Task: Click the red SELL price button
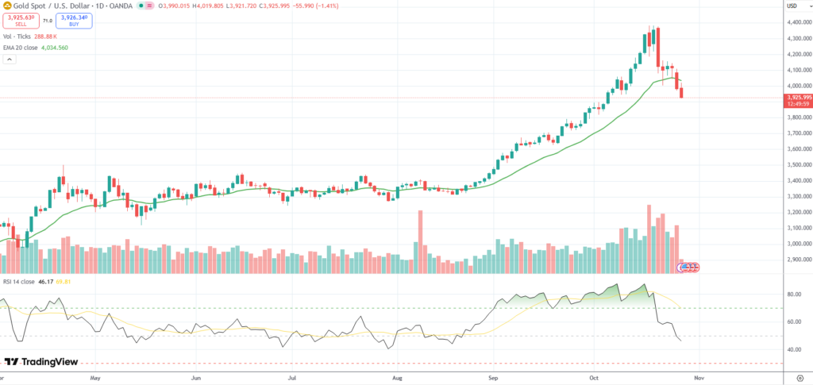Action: (20, 20)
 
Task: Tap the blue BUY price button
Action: (74, 20)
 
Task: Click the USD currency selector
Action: (792, 6)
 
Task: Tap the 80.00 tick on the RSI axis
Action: (793, 295)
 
